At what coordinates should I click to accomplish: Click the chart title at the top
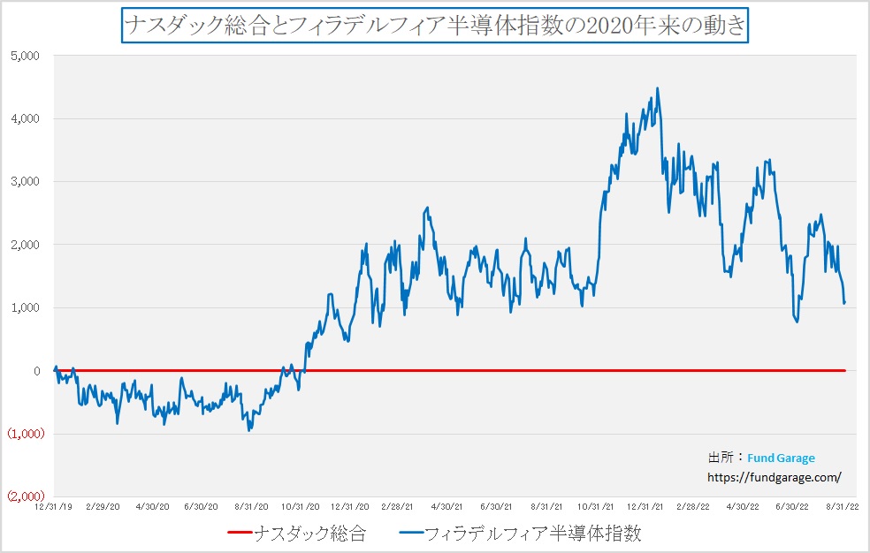[435, 25]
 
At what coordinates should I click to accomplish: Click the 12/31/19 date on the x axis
[53, 507]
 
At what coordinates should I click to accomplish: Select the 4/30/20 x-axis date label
[152, 507]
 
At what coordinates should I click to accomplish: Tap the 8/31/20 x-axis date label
[251, 507]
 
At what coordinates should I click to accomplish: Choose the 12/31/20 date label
[351, 507]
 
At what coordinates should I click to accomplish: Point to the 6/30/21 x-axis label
[496, 507]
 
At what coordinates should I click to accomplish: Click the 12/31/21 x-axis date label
[646, 507]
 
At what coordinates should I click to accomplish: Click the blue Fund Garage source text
[781, 458]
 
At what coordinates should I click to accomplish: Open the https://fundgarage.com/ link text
[775, 476]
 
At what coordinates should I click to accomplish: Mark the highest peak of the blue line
[657, 88]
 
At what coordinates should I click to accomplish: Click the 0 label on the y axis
[37, 371]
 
